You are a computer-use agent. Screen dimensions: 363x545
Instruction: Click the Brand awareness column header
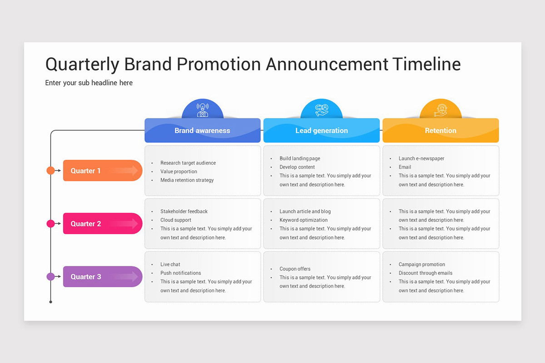coord(203,131)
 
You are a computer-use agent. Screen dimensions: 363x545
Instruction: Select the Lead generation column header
coord(322,131)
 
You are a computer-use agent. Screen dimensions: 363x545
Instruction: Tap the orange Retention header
coord(441,131)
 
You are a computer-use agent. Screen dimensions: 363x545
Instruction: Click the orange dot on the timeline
coord(50,171)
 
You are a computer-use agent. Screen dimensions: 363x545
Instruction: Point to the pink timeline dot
coord(50,224)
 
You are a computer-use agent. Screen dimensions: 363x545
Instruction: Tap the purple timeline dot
coord(50,277)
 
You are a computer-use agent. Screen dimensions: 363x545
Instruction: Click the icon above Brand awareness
coord(203,110)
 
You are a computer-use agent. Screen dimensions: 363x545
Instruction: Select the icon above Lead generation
coord(322,110)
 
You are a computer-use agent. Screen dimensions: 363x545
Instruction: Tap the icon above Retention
coord(441,110)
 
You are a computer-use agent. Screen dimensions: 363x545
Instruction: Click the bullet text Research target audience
coord(188,163)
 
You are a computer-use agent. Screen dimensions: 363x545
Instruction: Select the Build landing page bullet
coord(300,158)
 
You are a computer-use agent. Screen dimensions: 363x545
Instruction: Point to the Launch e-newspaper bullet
coord(421,158)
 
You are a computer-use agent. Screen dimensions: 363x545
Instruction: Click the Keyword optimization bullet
coord(303,220)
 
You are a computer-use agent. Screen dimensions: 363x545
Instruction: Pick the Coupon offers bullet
coord(295,269)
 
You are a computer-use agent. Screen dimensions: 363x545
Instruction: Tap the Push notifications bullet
coord(180,273)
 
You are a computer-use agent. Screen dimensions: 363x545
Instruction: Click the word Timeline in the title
coord(426,64)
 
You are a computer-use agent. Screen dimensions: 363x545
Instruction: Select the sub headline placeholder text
coord(89,83)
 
